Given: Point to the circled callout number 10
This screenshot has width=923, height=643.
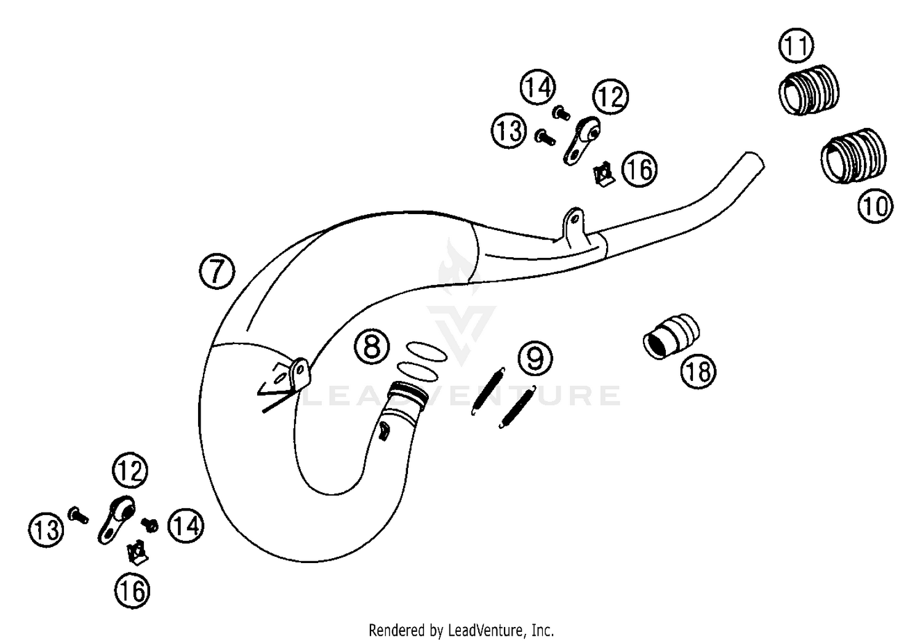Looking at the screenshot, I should tap(875, 206).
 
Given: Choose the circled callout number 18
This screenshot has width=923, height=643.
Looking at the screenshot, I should tap(699, 371).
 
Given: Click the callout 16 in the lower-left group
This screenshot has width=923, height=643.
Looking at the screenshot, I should tap(132, 591).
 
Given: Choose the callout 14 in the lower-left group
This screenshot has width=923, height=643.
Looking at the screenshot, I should tap(185, 526).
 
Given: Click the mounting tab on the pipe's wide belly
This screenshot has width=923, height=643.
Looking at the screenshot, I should tap(297, 374).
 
